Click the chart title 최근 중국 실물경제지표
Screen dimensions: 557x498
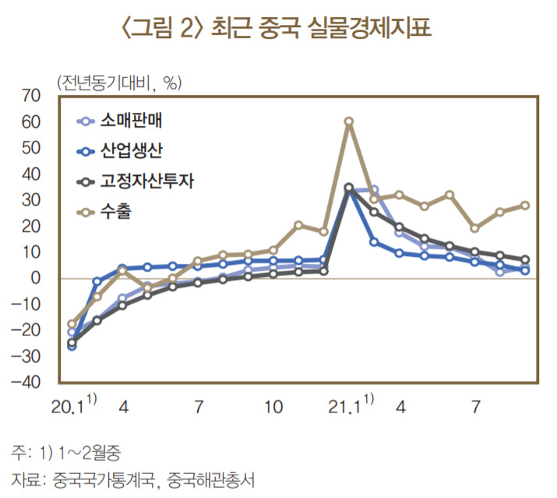(x=321, y=27)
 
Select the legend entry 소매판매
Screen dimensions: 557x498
(x=131, y=121)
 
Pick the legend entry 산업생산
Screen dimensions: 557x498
(x=131, y=151)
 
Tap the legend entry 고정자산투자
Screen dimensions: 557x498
(x=146, y=181)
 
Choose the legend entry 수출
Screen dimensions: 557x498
(x=116, y=212)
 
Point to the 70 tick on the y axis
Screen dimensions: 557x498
(x=31, y=96)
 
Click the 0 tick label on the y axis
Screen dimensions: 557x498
(x=36, y=278)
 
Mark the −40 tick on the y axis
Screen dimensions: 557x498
(x=26, y=382)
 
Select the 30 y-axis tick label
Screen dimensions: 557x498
(x=31, y=200)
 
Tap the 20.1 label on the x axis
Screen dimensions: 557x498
(x=68, y=407)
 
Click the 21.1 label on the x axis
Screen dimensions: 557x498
(x=344, y=407)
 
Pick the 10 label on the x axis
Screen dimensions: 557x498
(x=273, y=407)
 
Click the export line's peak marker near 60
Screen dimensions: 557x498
(x=349, y=121)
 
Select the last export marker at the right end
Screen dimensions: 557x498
(x=525, y=205)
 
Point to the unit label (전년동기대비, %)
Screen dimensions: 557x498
(x=119, y=82)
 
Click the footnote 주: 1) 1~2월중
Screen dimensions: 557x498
(x=66, y=453)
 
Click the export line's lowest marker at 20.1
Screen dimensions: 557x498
(x=72, y=324)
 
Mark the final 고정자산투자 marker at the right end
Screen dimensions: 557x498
(x=525, y=259)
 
